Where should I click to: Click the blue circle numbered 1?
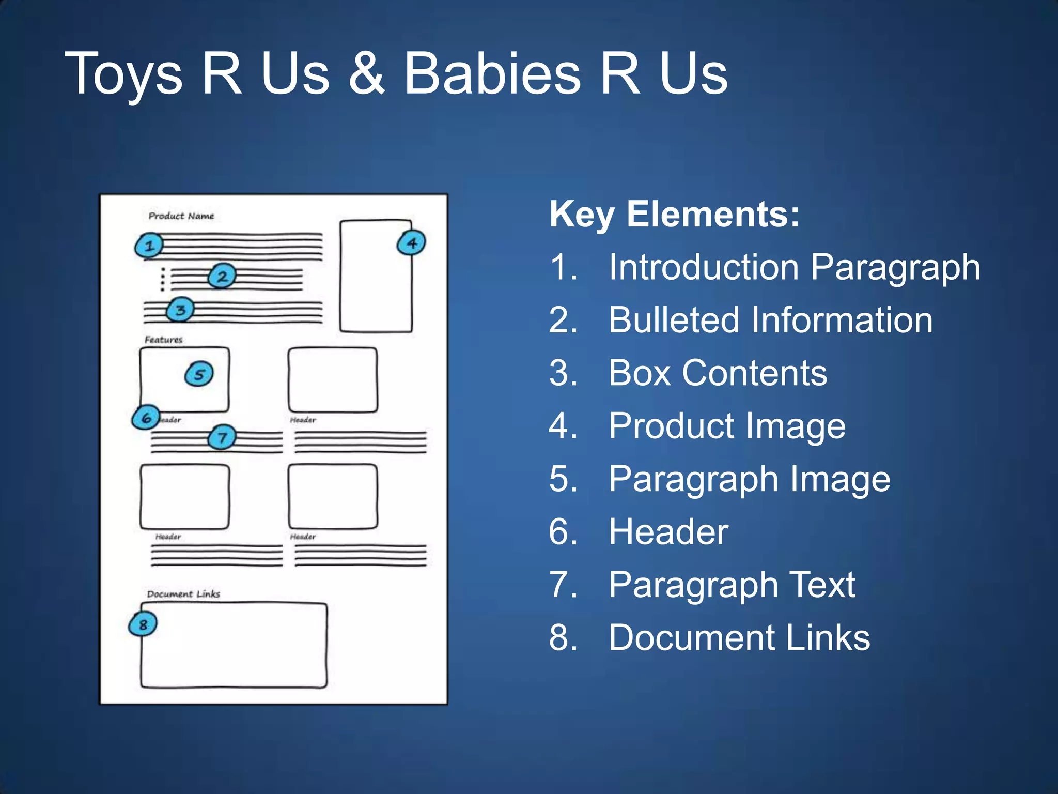(149, 246)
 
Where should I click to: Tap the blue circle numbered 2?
(222, 277)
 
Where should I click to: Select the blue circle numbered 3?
(180, 310)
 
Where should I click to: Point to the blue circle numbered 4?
(411, 243)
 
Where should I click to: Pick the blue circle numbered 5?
(199, 374)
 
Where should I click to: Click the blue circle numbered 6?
(146, 417)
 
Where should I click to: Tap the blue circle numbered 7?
(222, 438)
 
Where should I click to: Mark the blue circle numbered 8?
(143, 624)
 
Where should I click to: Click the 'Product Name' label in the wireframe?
(181, 216)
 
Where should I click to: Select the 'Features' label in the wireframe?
(163, 340)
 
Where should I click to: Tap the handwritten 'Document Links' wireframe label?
(183, 594)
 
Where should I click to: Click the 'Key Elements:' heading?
(674, 214)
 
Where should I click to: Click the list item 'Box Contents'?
(718, 373)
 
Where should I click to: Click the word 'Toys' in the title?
(124, 75)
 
